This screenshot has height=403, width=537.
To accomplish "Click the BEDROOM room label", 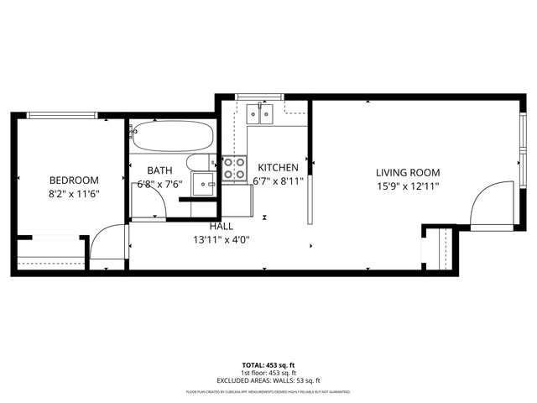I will pos(74,180).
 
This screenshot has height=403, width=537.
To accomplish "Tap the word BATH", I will pos(159,170).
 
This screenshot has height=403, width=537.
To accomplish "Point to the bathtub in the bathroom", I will pos(174,135).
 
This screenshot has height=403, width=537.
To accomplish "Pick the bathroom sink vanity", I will pos(203,184).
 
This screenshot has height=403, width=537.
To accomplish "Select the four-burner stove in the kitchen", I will pos(234,168).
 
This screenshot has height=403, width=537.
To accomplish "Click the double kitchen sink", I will pos(261,113).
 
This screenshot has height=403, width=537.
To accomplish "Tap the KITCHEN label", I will pos(278,167).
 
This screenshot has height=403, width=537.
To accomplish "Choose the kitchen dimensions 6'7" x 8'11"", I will pos(278,181).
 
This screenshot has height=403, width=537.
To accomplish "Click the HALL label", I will pos(222,226).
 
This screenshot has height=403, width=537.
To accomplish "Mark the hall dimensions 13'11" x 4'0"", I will pos(222,239).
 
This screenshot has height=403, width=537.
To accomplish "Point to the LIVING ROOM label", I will pos(408,172).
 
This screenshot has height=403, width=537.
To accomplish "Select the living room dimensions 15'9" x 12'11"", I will pos(408,186).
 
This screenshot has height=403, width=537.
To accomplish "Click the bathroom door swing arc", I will pos(149,207).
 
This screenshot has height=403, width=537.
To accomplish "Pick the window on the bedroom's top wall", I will pos(65,116).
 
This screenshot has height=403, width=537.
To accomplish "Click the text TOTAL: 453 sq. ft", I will pos(268,365).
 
